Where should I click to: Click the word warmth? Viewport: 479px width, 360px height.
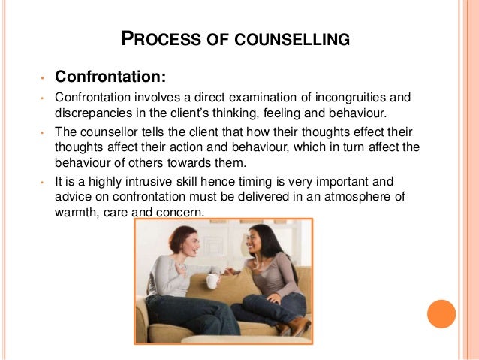click(x=77, y=213)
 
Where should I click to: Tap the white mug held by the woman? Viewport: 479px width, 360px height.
click(x=212, y=281)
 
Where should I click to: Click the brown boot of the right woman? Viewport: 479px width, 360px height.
click(x=298, y=325)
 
